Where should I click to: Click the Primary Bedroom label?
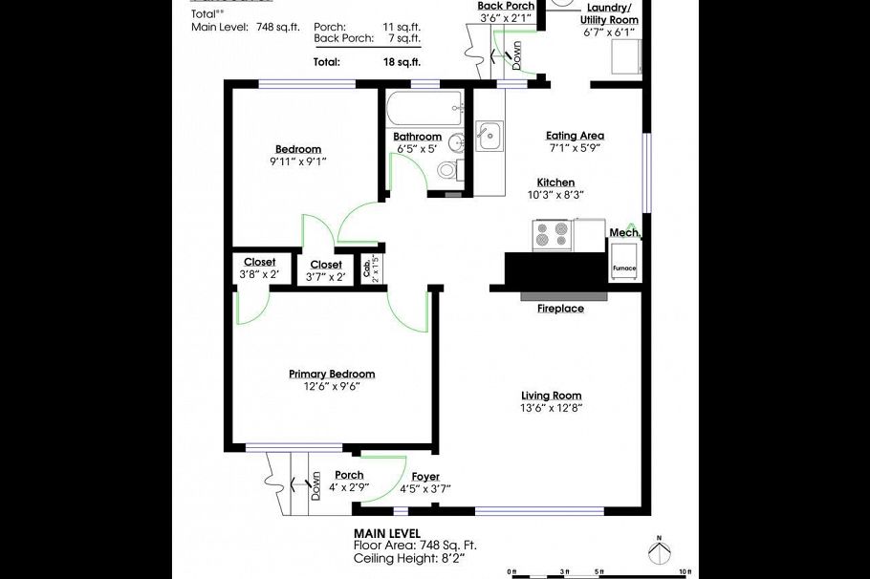(x=332, y=374)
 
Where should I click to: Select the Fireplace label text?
(x=559, y=309)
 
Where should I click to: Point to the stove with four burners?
(x=552, y=235)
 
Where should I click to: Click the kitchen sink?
(x=489, y=136)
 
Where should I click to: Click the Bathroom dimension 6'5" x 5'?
(x=417, y=149)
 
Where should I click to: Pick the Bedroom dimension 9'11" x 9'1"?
(x=298, y=161)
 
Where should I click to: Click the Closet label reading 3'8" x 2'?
(x=259, y=275)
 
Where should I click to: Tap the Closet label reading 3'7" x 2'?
(x=325, y=277)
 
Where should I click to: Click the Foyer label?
(x=425, y=476)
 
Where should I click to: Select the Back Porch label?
(x=506, y=6)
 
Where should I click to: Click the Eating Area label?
(x=575, y=136)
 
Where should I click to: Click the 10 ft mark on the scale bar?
(x=685, y=571)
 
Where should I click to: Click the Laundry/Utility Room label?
(x=612, y=13)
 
